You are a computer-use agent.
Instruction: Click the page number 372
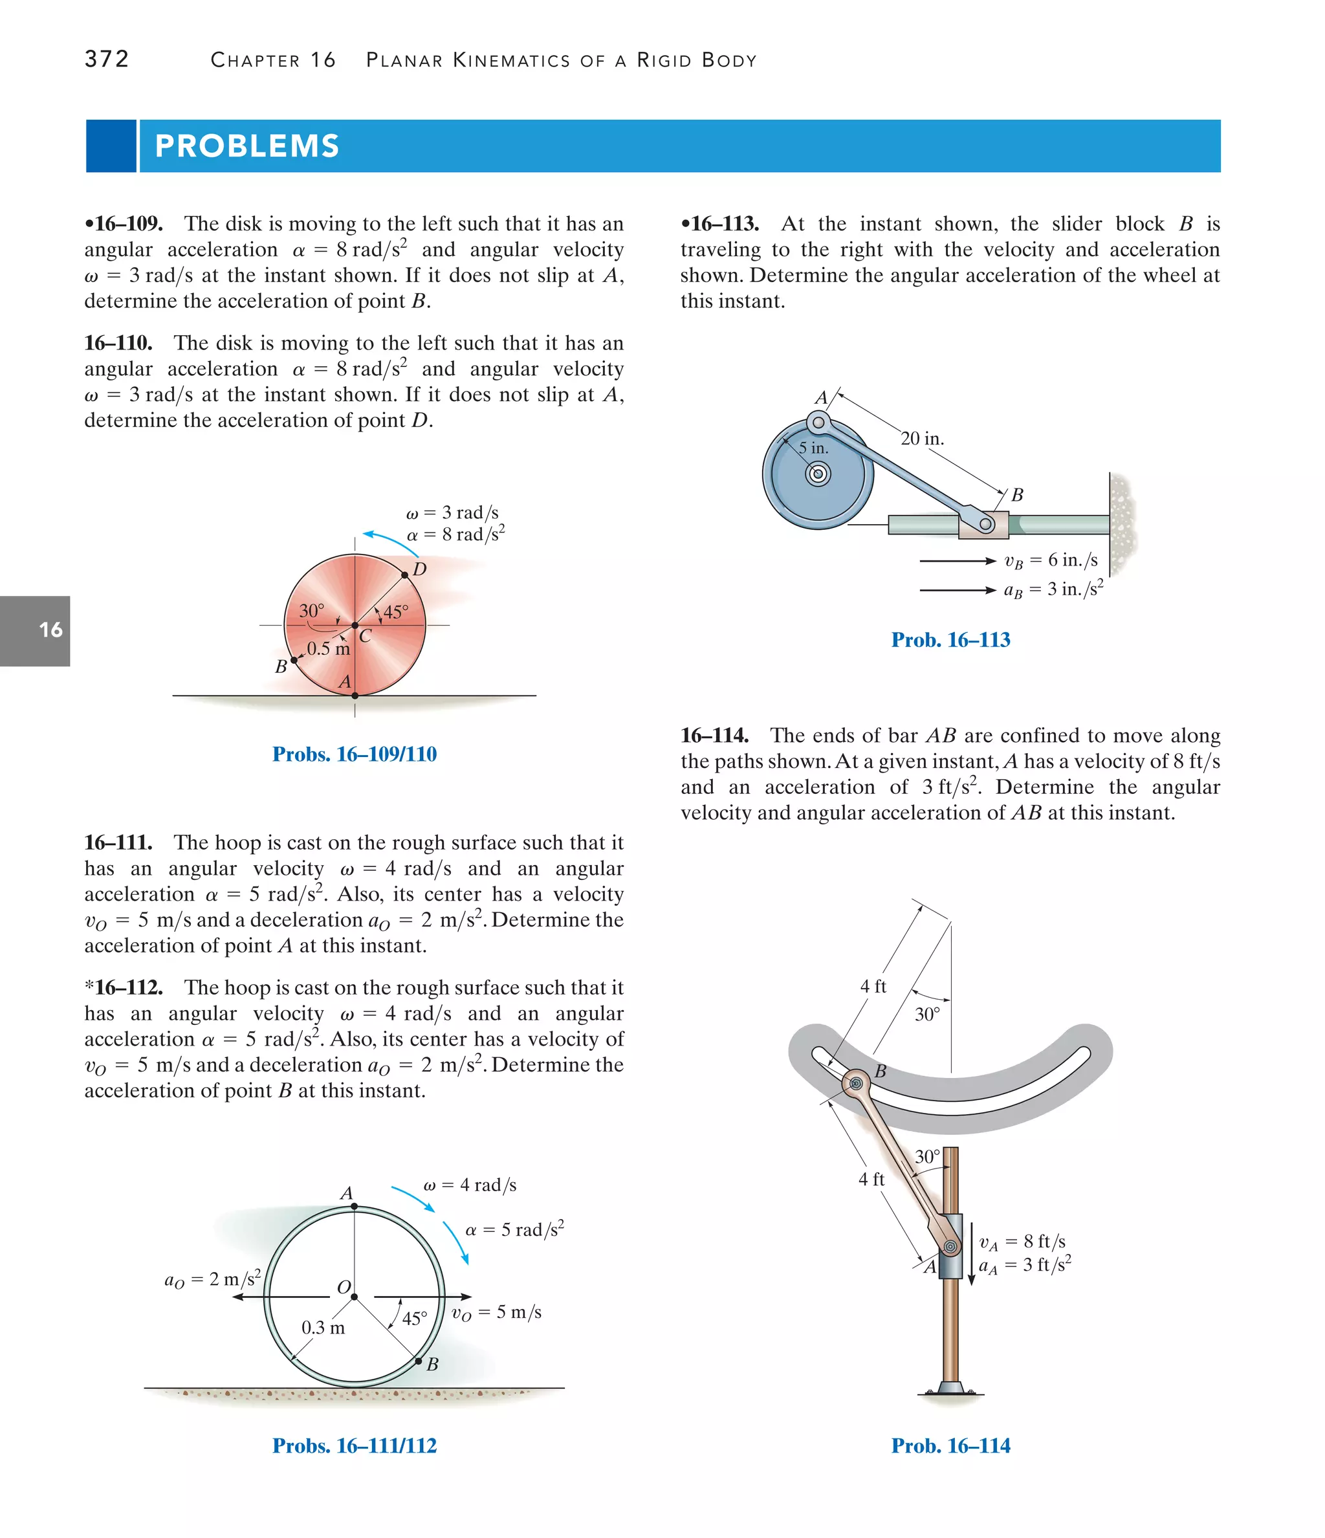coord(107,59)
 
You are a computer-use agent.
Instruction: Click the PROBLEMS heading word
coord(247,146)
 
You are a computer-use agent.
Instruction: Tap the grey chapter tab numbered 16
coord(50,630)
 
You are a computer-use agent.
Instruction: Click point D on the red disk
coord(404,575)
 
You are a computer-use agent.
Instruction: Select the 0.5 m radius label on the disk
coord(328,649)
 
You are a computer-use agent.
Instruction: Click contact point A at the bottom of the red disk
coord(355,696)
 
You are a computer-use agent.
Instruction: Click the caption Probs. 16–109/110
coord(354,754)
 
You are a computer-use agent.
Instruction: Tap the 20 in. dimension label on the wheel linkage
coord(922,439)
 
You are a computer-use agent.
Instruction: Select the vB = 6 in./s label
coord(1050,560)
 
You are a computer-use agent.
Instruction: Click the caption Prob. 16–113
coord(950,640)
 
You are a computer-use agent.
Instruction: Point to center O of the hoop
coord(354,1297)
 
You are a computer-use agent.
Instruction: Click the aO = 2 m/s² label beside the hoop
coord(212,1279)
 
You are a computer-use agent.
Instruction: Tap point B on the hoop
coord(418,1361)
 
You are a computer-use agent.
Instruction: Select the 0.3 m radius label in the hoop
coord(323,1328)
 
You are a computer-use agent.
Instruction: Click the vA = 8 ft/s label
coord(1022,1242)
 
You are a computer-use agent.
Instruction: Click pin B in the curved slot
coord(856,1084)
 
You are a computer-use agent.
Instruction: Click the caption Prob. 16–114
coord(950,1445)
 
